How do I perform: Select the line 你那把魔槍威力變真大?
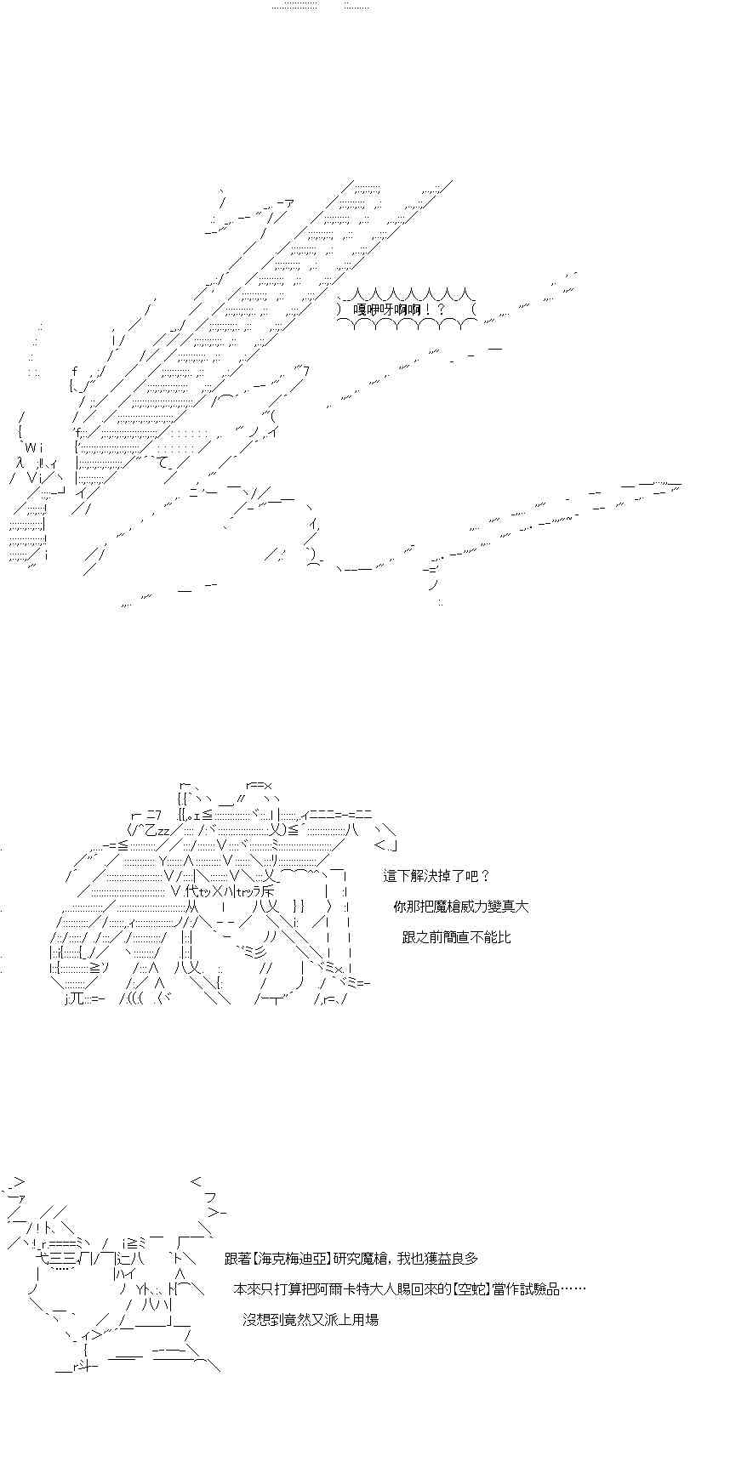click(x=461, y=907)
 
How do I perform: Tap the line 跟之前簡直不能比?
click(x=456, y=937)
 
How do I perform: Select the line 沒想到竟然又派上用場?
click(x=310, y=1320)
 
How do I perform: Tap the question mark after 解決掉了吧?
click(x=485, y=876)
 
